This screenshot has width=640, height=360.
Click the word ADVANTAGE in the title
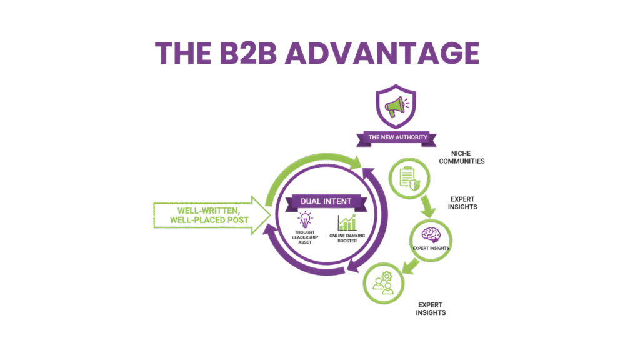click(x=382, y=54)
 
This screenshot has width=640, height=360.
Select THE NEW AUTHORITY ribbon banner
click(x=395, y=137)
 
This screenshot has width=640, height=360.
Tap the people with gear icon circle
click(x=382, y=281)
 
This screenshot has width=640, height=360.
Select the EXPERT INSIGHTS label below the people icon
click(x=431, y=309)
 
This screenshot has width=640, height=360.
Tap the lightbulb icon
click(x=305, y=221)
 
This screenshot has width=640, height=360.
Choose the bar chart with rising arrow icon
click(x=347, y=222)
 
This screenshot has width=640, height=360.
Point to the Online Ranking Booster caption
click(x=349, y=238)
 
